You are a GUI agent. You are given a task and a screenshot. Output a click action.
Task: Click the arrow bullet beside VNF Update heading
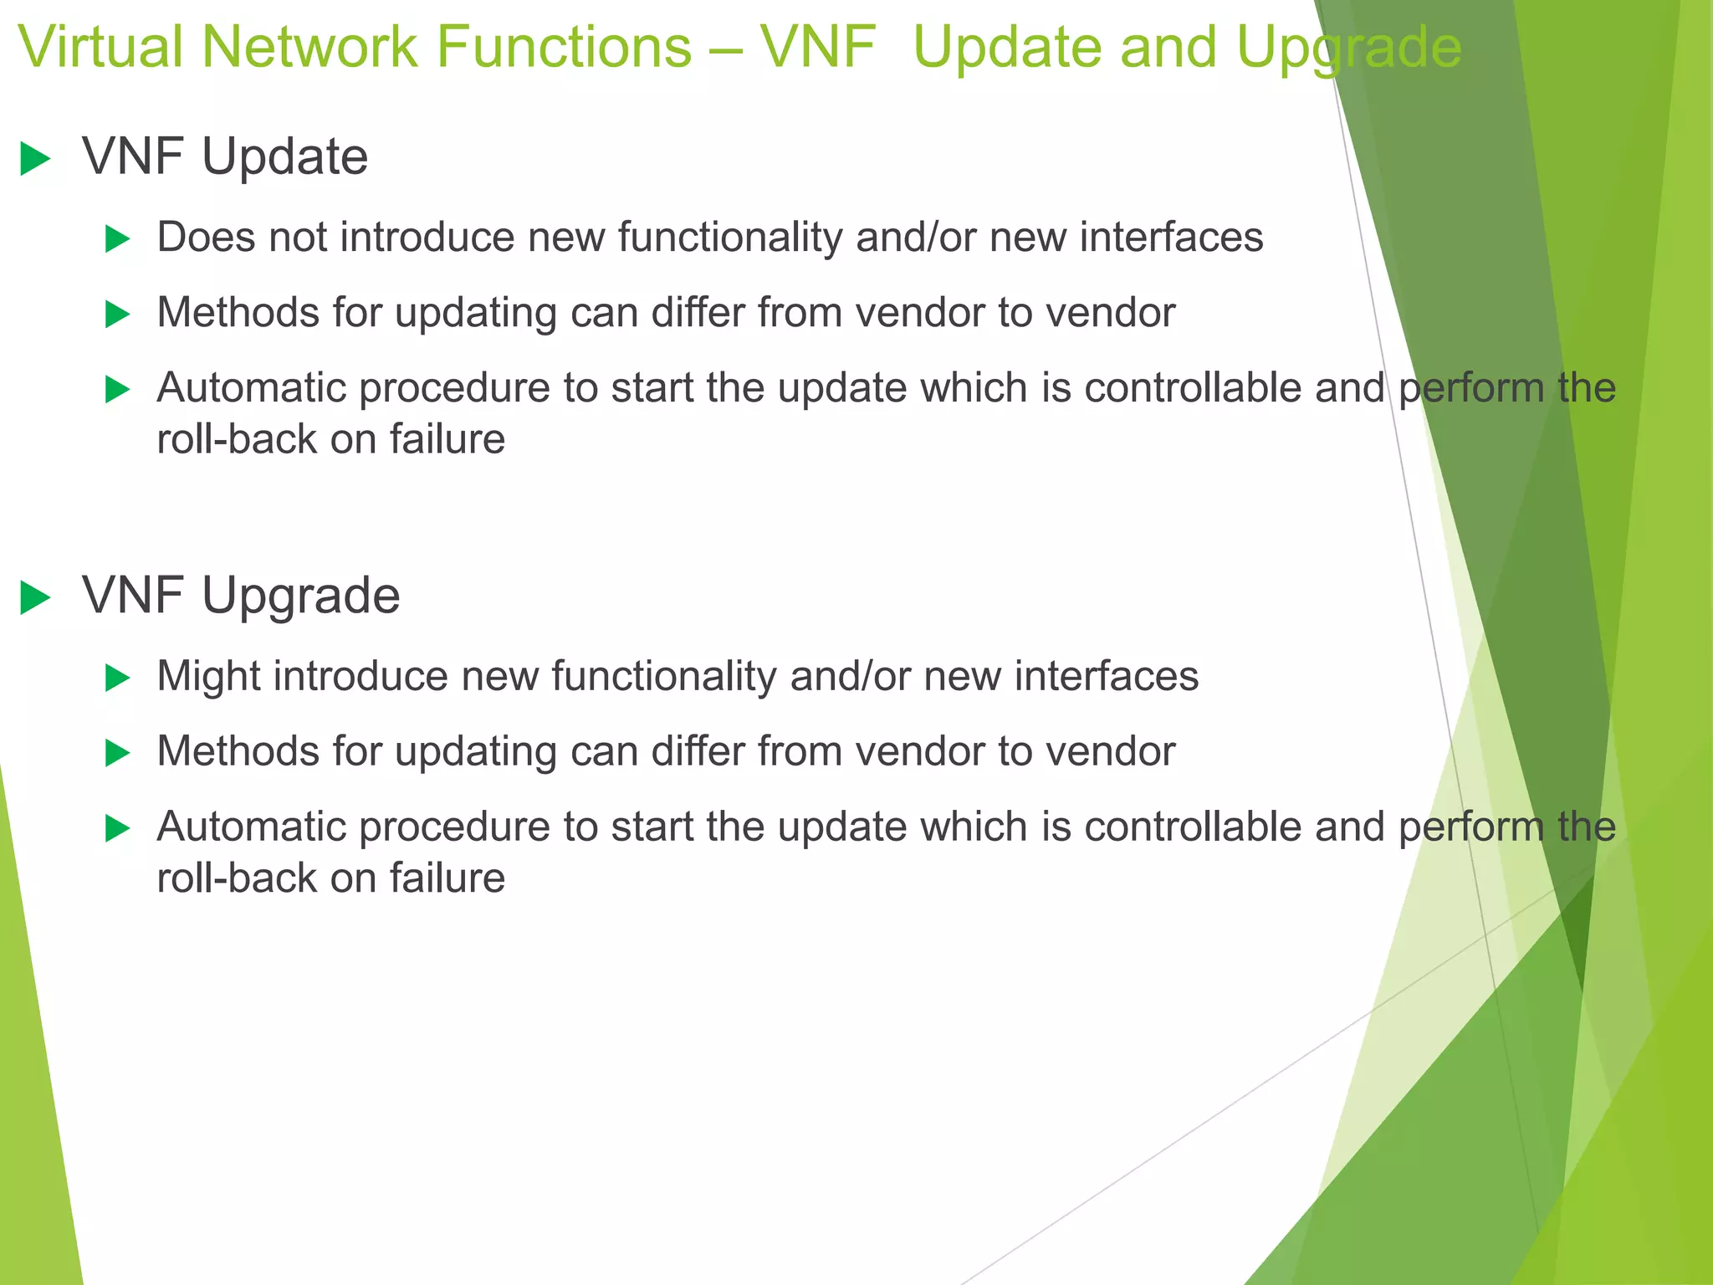click(35, 159)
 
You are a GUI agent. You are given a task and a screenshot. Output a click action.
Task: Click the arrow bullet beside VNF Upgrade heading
click(35, 598)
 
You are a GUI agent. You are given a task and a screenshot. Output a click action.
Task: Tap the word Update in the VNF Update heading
click(284, 157)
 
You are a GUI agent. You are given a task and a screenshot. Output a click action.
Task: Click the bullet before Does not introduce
click(118, 240)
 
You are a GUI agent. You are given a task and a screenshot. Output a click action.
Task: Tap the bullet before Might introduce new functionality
click(118, 678)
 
